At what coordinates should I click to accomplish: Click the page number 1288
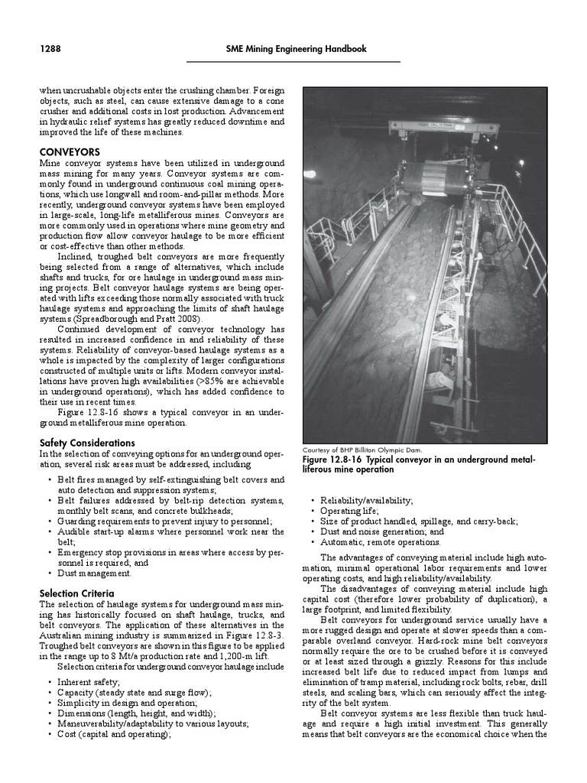click(x=50, y=49)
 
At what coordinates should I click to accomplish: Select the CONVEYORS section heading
click(x=70, y=152)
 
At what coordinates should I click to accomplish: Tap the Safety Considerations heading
click(x=87, y=443)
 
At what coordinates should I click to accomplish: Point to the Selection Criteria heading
click(x=76, y=593)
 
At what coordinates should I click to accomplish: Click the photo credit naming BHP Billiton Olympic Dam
click(x=362, y=450)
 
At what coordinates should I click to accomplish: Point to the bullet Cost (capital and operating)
click(x=114, y=735)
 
